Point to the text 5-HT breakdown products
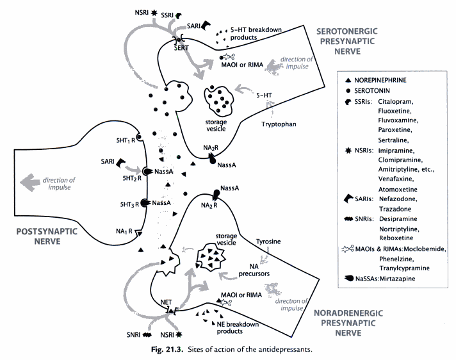260,33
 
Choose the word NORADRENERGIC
350,313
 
